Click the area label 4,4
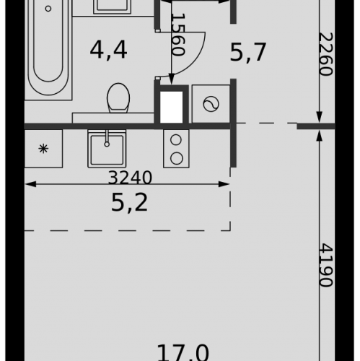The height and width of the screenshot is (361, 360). [x=108, y=51]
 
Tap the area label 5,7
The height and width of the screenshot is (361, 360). [x=248, y=52]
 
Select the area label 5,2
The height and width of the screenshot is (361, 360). [x=129, y=203]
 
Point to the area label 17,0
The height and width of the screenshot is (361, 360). [x=183, y=353]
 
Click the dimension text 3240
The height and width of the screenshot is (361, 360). [x=130, y=178]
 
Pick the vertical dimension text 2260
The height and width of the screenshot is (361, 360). [x=326, y=54]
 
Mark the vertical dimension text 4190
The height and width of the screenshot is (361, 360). [x=326, y=265]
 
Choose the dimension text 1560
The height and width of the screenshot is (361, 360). [x=179, y=35]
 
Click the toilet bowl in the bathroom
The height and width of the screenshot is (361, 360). [x=118, y=98]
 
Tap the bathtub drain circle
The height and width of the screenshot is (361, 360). [x=48, y=9]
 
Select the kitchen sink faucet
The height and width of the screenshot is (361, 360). [x=107, y=139]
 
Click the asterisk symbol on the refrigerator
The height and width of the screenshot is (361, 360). [x=43, y=149]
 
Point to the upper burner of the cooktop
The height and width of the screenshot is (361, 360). [x=176, y=140]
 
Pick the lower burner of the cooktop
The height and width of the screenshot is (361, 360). [x=177, y=158]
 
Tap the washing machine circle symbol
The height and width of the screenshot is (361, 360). [x=211, y=104]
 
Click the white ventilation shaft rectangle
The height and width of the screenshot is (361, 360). [x=172, y=107]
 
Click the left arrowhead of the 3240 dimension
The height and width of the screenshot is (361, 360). [x=30, y=184]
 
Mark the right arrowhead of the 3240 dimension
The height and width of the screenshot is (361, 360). [x=224, y=184]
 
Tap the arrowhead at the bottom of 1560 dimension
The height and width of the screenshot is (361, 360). [x=172, y=79]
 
